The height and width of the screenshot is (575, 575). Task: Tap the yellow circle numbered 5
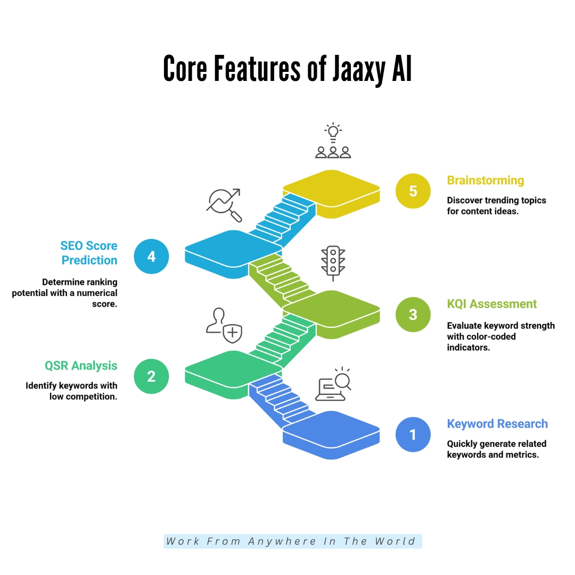coord(413,191)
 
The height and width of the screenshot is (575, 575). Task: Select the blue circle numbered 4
coord(151,257)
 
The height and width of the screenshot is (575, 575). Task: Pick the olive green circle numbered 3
coord(413,314)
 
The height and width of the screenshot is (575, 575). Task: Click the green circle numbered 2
coord(151,376)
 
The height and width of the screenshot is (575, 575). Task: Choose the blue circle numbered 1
coord(413,434)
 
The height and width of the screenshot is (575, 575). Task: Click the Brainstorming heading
coord(486,180)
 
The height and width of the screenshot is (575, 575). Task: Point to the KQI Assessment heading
coord(492,304)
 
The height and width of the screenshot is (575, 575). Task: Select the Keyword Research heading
coord(497,424)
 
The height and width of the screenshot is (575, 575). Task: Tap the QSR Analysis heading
coord(81,366)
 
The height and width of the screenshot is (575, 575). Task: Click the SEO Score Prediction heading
coord(89,253)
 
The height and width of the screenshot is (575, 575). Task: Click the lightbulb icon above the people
coord(333,131)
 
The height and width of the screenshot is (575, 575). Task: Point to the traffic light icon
coord(333,262)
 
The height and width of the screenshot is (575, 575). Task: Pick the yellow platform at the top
coord(331,189)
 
